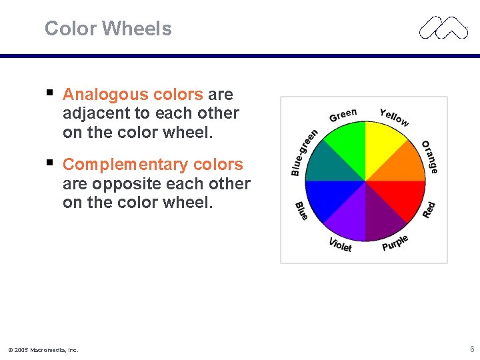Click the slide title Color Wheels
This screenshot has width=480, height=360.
[108, 29]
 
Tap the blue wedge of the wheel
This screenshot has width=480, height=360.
[327, 200]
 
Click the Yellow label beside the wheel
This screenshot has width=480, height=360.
[394, 117]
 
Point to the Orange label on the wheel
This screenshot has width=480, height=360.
[430, 157]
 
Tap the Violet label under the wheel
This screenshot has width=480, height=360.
[340, 245]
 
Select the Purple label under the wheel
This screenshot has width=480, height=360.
[395, 243]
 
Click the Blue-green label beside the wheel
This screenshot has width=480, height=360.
[303, 153]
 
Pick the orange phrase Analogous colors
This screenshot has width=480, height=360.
[133, 95]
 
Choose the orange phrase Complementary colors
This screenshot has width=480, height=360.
[153, 164]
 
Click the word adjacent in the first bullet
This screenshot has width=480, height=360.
[94, 113]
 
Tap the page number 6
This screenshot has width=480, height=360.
[471, 349]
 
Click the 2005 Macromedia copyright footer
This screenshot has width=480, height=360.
[43, 349]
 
